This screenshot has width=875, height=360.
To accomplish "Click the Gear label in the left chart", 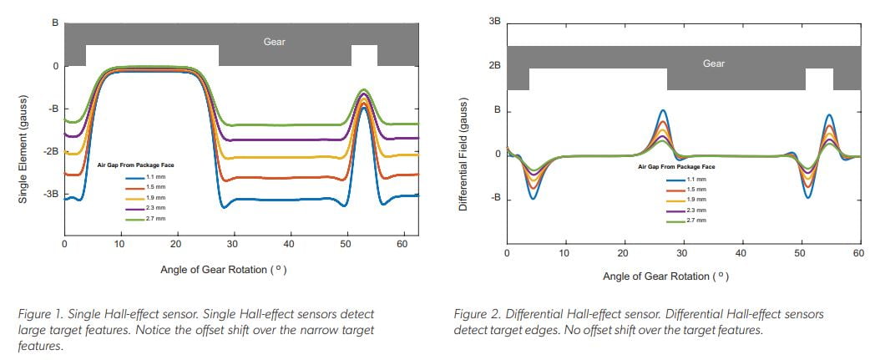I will [275, 41].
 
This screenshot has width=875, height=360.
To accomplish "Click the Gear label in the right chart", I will [713, 63].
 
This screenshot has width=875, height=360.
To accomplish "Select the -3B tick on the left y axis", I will [51, 194].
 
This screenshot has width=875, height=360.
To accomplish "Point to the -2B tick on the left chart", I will [51, 151].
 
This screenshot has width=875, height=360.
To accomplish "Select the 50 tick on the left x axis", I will [345, 244].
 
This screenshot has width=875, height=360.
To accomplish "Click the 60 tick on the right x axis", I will [857, 252].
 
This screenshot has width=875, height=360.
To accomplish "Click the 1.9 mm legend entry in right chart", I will [695, 200].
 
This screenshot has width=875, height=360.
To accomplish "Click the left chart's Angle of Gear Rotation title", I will [224, 270].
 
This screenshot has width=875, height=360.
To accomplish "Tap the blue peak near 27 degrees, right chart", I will [663, 111].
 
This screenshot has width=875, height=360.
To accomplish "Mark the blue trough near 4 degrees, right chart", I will [534, 198].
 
